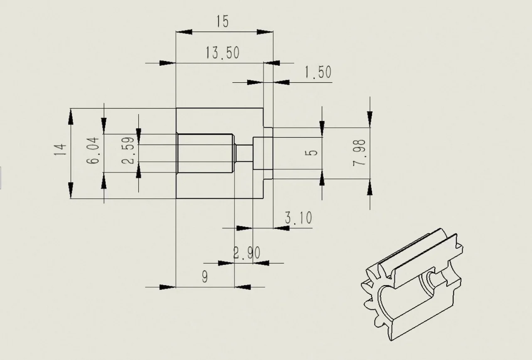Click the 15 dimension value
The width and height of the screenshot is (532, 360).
(x=222, y=21)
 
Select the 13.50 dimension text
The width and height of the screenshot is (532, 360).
(x=222, y=53)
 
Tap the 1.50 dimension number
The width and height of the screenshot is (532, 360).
(x=318, y=72)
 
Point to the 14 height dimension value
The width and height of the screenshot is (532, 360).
(x=60, y=149)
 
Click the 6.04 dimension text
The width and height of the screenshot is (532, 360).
(x=93, y=150)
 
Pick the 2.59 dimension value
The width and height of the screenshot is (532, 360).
(x=128, y=150)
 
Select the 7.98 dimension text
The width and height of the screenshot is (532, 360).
(x=359, y=153)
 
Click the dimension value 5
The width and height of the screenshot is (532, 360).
(x=311, y=153)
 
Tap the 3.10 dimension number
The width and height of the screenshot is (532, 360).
(x=298, y=218)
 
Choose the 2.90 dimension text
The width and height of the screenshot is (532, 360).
(x=247, y=253)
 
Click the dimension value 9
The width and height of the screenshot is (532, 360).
(x=205, y=276)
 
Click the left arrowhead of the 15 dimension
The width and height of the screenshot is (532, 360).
(x=184, y=32)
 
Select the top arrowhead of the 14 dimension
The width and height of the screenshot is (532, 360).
(x=71, y=116)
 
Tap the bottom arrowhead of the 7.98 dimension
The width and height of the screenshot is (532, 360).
(x=369, y=187)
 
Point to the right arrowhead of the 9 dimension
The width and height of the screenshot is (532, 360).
(x=242, y=287)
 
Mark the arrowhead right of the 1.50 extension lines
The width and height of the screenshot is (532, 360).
(x=281, y=82)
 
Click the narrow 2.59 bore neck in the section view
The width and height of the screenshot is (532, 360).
(x=244, y=153)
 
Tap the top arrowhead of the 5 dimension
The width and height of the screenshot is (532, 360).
(x=322, y=129)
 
